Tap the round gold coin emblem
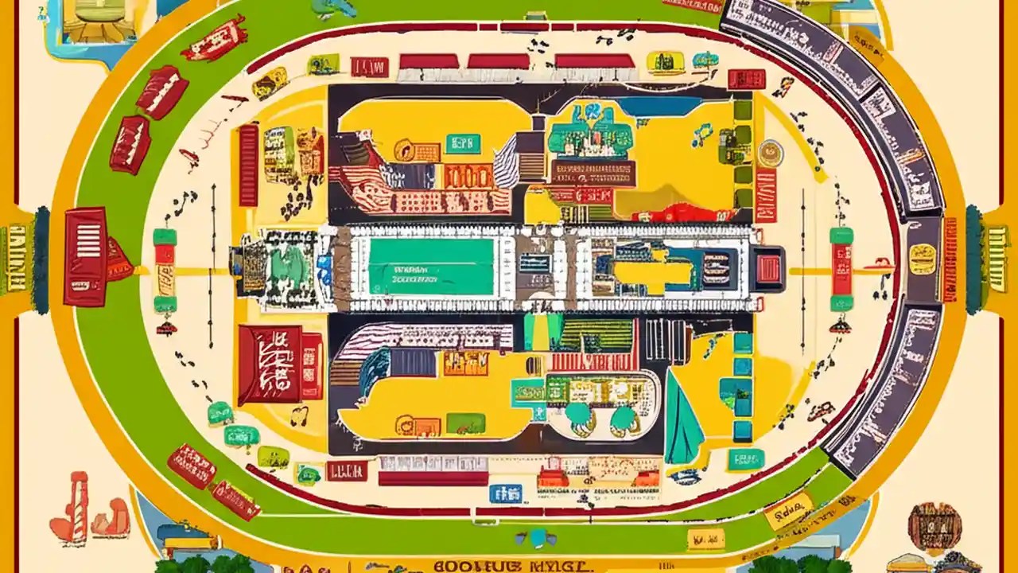[x=770, y=151]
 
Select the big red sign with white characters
[x=270, y=364]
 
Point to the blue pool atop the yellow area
[x=659, y=106]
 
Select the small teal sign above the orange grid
[x=464, y=143]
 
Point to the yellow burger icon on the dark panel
[x=923, y=259]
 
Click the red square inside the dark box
[x=767, y=269]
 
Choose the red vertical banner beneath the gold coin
[x=766, y=195]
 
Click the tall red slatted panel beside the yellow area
[x=249, y=165]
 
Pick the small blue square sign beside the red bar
[x=500, y=493]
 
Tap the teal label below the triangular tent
[x=745, y=459]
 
